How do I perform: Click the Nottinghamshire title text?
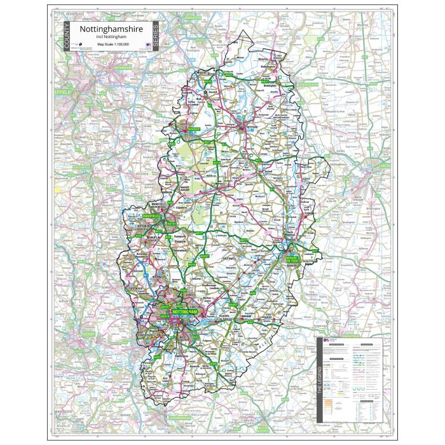click(x=111, y=29)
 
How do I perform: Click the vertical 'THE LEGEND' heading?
click(x=320, y=381)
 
